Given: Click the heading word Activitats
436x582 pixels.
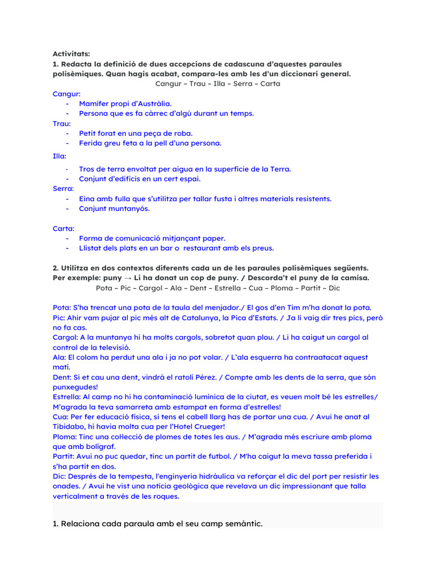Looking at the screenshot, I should pos(72,54).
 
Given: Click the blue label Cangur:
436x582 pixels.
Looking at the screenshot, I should pos(67,94).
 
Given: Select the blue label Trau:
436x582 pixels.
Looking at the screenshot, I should pos(62,123).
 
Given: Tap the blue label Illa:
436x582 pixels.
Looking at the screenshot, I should pos(60,155).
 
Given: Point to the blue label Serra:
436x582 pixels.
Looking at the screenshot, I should pos(64,189).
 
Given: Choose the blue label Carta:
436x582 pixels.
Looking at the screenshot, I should pos(64,228).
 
